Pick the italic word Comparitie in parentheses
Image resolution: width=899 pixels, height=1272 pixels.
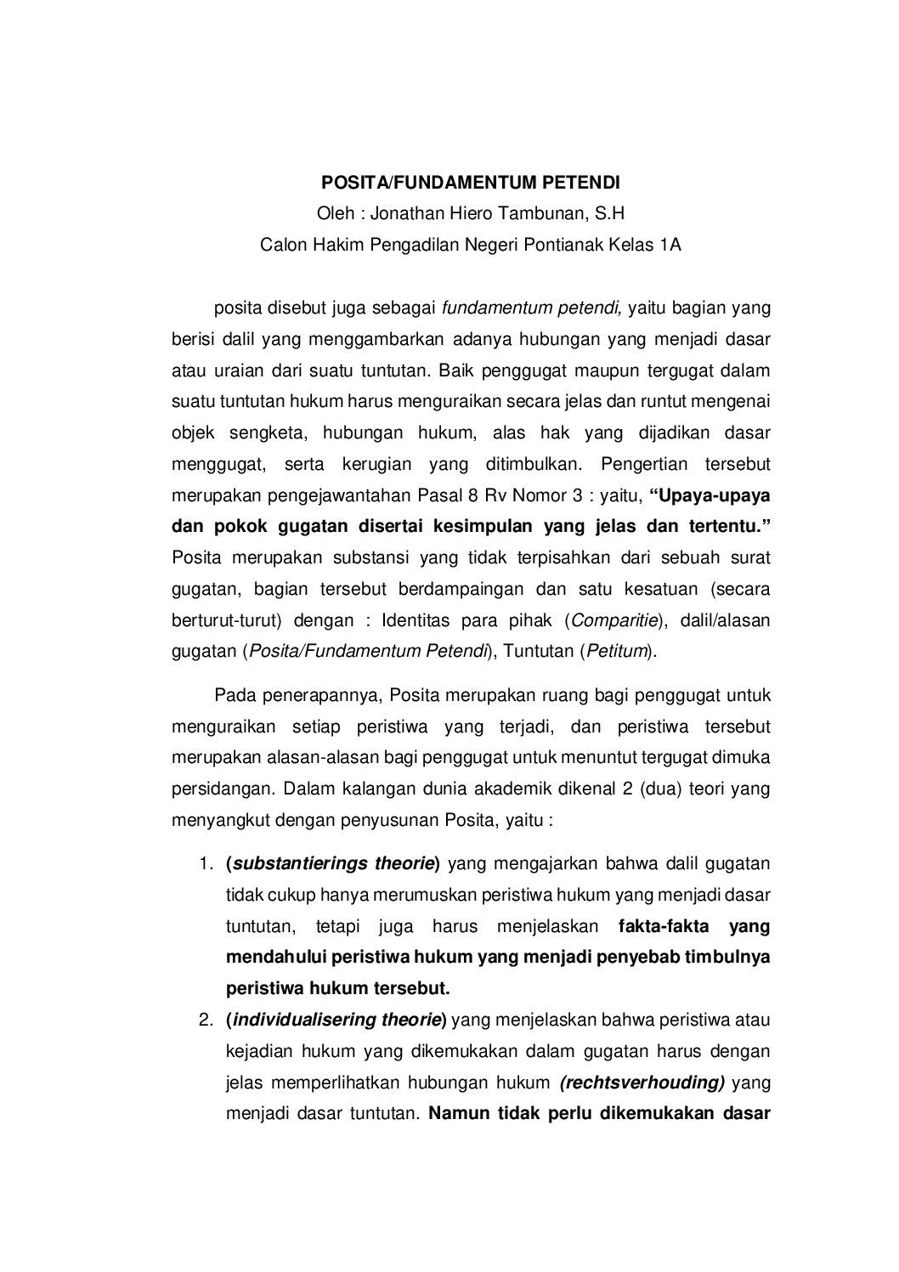click(x=614, y=620)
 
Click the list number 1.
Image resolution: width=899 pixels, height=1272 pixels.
click(x=205, y=864)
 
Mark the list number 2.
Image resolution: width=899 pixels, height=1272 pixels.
click(x=205, y=1020)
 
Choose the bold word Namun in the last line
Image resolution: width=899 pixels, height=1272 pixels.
click(x=459, y=1114)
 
